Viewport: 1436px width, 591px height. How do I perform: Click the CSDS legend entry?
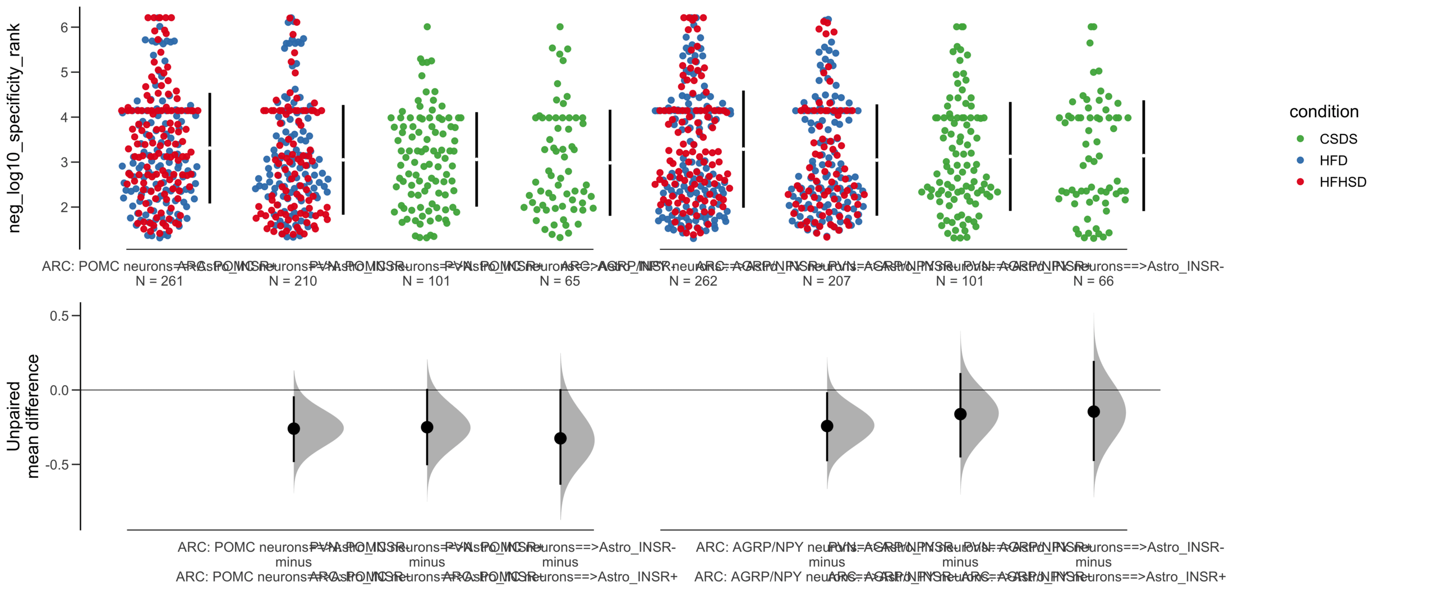[x=1337, y=139]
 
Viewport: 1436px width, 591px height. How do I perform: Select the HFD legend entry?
[x=1333, y=161]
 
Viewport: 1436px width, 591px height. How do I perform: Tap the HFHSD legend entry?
[x=1342, y=182]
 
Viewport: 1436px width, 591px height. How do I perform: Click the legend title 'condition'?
[x=1323, y=112]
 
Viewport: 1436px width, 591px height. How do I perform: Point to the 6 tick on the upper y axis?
[x=65, y=27]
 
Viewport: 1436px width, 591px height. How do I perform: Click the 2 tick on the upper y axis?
[x=65, y=207]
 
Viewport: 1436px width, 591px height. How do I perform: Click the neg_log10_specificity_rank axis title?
[x=14, y=128]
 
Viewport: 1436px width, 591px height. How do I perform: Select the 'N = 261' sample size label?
[x=159, y=281]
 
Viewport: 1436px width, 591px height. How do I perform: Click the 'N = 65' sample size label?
[x=559, y=281]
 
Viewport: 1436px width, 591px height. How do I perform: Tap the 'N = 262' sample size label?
[x=693, y=281]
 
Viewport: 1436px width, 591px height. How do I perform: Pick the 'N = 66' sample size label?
[x=1093, y=281]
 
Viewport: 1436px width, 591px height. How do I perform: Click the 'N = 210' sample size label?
[x=293, y=281]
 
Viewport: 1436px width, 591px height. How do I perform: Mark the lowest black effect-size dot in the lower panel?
[x=560, y=438]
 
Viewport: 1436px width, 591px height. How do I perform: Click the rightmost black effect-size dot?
[x=1093, y=412]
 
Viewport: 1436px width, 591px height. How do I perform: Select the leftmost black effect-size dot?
[x=293, y=429]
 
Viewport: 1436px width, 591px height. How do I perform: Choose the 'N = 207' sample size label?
[x=826, y=281]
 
